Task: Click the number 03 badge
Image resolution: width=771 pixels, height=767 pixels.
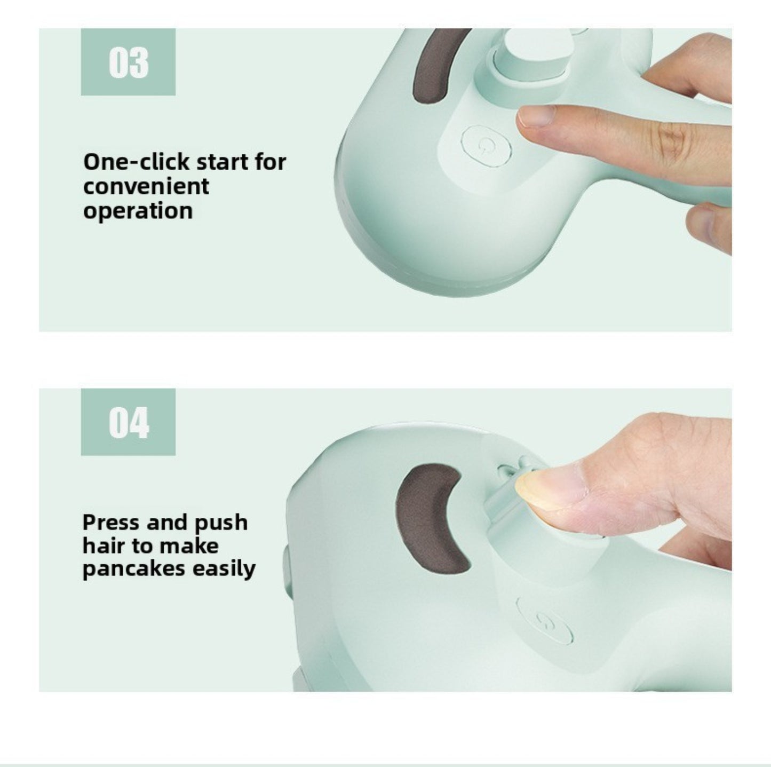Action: (128, 62)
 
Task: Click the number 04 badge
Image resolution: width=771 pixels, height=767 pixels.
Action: (128, 422)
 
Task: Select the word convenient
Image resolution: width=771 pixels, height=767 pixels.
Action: (146, 187)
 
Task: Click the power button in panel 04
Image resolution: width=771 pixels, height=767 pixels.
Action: (545, 620)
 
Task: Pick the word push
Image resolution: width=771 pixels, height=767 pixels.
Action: (221, 523)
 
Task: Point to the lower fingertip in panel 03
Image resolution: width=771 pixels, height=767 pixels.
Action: (704, 225)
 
